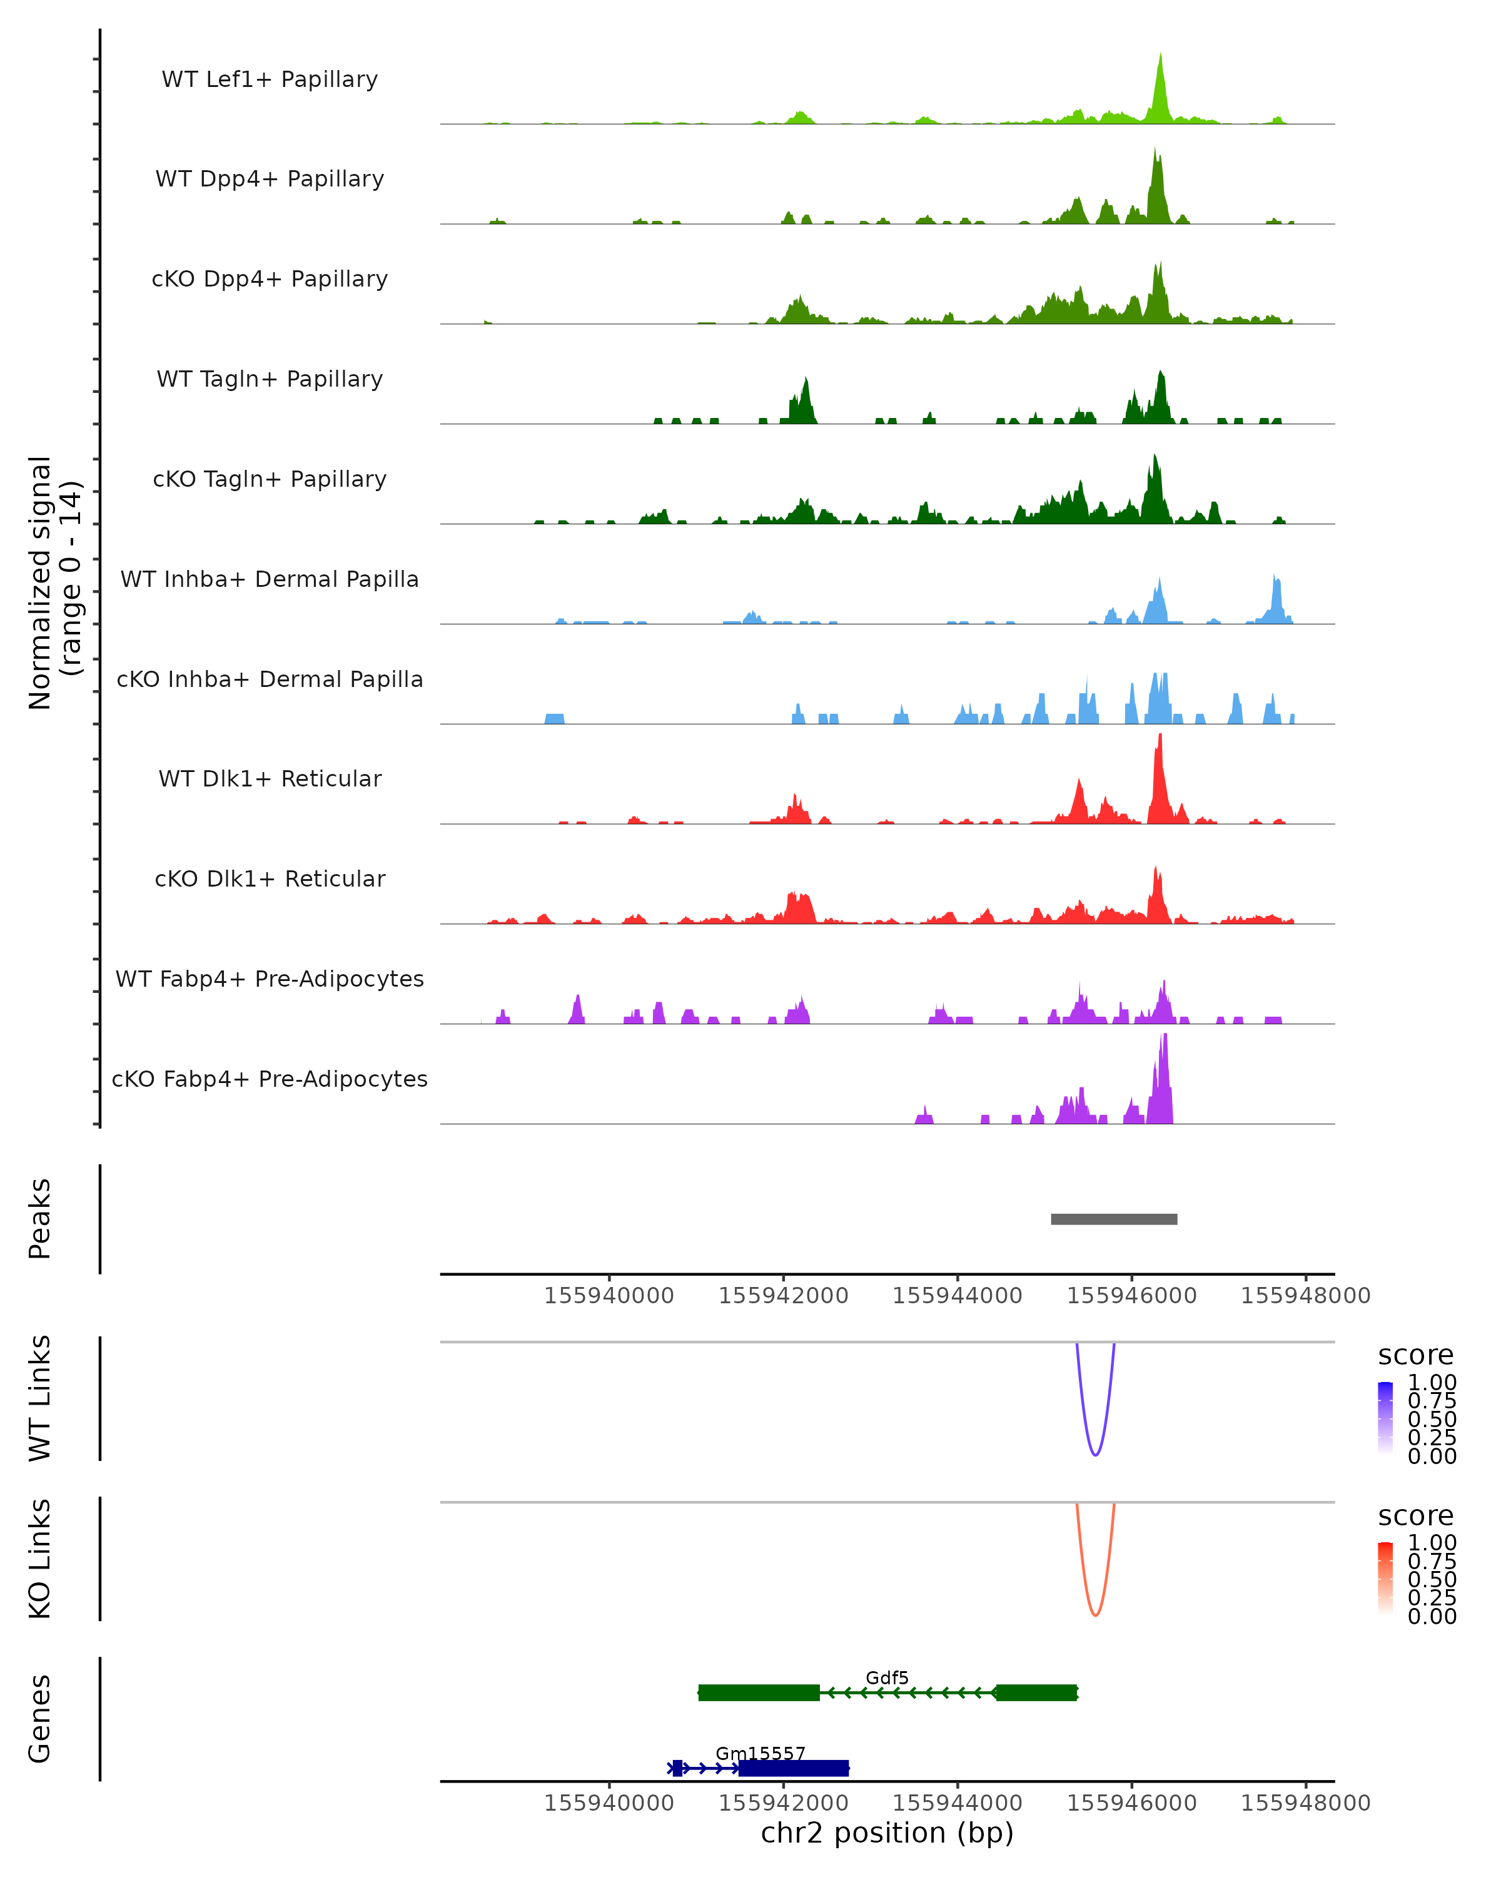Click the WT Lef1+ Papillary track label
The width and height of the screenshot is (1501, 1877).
pyautogui.click(x=270, y=79)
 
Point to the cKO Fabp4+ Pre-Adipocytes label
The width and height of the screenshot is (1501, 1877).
pyautogui.click(x=270, y=1079)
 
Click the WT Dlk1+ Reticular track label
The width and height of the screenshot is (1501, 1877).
pyautogui.click(x=270, y=779)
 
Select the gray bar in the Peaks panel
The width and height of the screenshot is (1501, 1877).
pyautogui.click(x=1114, y=1219)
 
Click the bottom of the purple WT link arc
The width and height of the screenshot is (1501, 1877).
pyautogui.click(x=1096, y=1455)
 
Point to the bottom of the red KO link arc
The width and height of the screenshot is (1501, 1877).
pyautogui.click(x=1096, y=1615)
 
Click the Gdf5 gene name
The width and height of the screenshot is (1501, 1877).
pyautogui.click(x=887, y=1677)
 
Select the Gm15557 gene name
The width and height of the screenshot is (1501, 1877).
pyautogui.click(x=761, y=1753)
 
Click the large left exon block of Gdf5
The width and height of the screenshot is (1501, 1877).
pyautogui.click(x=759, y=1692)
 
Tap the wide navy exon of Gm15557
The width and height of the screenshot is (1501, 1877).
pyautogui.click(x=794, y=1768)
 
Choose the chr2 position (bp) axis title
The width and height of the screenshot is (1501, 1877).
pyautogui.click(x=887, y=1833)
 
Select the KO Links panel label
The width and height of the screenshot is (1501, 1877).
pyautogui.click(x=40, y=1559)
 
